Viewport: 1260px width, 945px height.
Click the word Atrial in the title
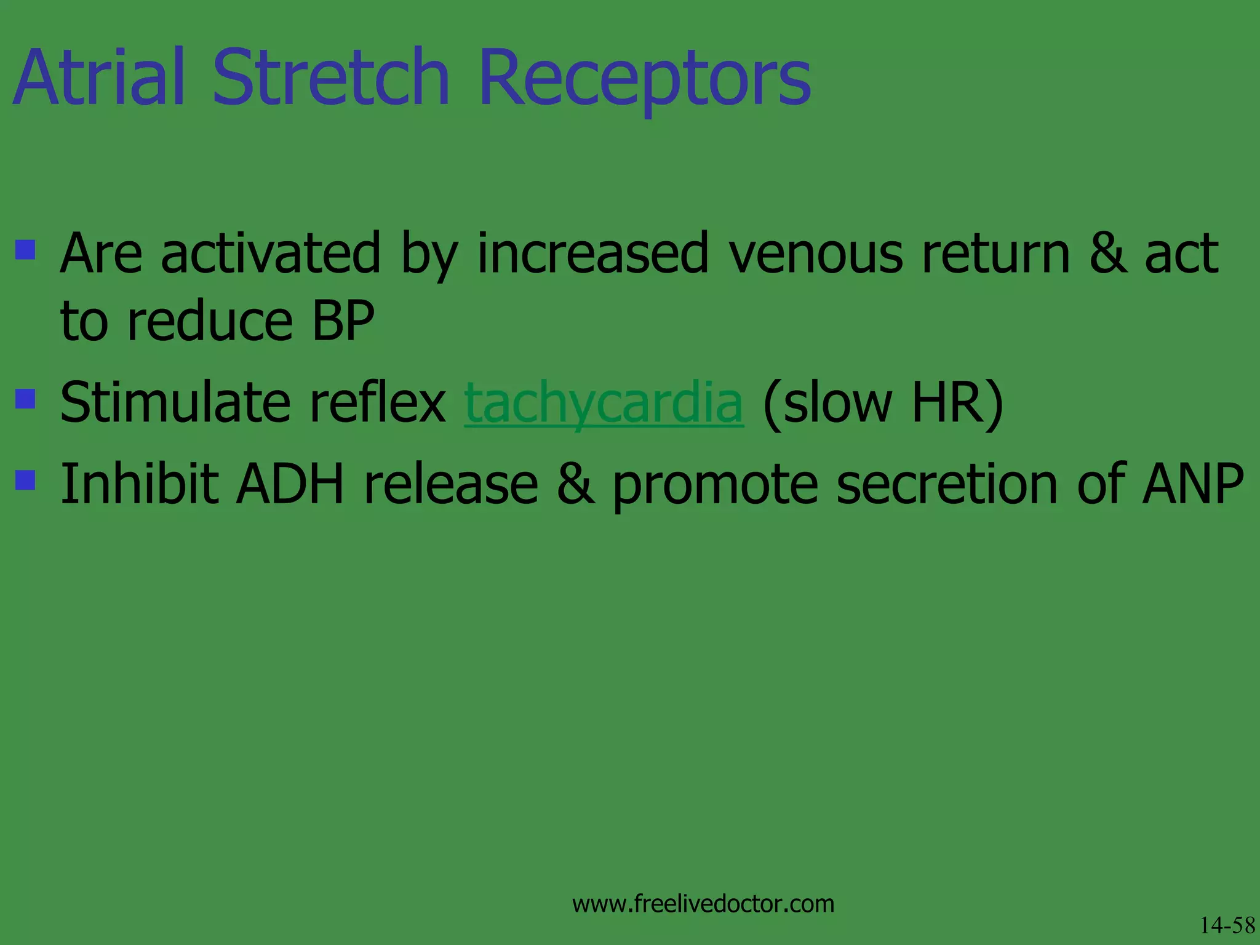pyautogui.click(x=98, y=79)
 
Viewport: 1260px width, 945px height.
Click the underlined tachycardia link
pyautogui.click(x=604, y=404)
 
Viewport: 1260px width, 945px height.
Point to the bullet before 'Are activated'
pyautogui.click(x=25, y=250)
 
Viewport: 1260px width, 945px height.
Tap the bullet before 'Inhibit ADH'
pyautogui.click(x=25, y=479)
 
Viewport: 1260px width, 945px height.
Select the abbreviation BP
pyautogui.click(x=343, y=321)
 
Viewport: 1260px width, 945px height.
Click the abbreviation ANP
pyautogui.click(x=1192, y=485)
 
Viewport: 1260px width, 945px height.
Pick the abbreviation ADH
pyautogui.click(x=290, y=485)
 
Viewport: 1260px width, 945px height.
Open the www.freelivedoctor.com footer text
pyautogui.click(x=703, y=904)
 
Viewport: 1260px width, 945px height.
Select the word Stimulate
pyautogui.click(x=176, y=403)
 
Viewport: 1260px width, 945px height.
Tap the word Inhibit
pyautogui.click(x=139, y=485)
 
